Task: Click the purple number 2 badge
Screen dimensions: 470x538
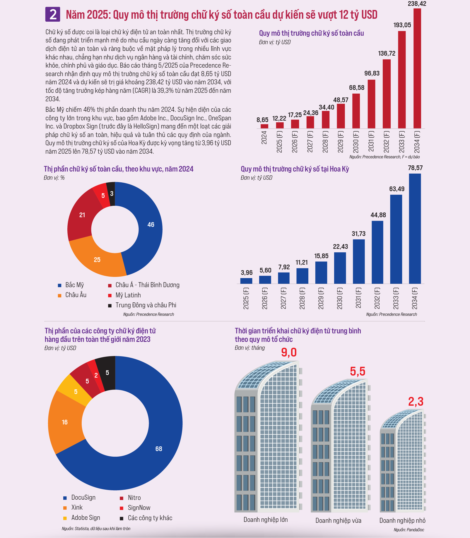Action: [53, 14]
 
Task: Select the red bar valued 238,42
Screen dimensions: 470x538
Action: [417, 68]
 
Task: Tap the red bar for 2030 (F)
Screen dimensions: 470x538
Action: [356, 111]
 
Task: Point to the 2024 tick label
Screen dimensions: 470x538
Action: [264, 138]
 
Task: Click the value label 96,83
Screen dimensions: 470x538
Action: [372, 73]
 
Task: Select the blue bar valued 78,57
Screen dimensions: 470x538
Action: [415, 229]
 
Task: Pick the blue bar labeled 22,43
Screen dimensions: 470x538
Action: [340, 268]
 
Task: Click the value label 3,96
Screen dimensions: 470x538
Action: [247, 273]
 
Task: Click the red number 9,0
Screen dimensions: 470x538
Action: [289, 352]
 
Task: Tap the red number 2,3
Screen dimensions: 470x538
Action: [416, 402]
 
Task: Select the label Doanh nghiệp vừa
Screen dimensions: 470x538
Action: [338, 520]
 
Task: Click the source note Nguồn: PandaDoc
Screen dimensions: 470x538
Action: [409, 530]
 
